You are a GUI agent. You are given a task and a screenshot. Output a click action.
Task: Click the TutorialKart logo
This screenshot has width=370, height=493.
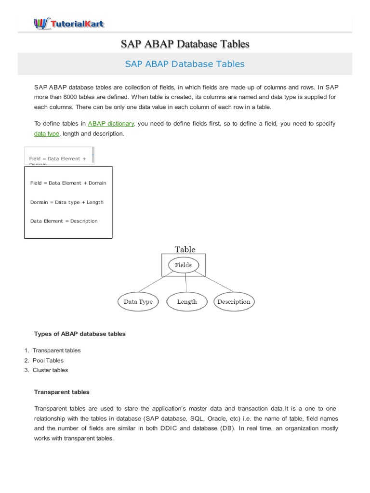69,23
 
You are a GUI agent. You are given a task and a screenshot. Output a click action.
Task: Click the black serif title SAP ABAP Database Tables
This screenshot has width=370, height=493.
185,44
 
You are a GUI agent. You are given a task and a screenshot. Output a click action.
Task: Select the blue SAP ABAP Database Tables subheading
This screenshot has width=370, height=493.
185,64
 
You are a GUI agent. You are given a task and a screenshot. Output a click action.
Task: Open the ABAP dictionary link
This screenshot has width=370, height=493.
111,124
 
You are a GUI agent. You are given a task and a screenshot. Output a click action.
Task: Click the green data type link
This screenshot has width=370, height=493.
47,133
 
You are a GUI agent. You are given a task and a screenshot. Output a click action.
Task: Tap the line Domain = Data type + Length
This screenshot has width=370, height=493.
66,202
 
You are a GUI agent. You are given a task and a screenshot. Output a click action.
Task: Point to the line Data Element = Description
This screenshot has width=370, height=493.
64,221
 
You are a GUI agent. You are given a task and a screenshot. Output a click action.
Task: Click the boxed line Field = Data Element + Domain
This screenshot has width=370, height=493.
68,183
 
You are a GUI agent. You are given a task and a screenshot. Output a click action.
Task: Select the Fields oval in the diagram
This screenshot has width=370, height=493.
183,265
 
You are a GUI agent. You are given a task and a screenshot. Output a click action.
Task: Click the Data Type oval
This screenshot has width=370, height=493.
138,302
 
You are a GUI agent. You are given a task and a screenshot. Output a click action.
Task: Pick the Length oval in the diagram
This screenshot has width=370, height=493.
187,302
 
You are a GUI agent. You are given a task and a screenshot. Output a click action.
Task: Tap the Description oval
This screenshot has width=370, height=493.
234,302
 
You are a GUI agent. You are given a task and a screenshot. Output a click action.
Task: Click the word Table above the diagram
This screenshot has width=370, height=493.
185,249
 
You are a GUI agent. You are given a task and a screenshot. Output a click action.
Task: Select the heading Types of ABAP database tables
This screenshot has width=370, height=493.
79,334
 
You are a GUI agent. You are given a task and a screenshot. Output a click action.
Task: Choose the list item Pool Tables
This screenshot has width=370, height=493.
48,360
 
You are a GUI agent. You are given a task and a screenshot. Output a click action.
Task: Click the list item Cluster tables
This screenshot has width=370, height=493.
50,370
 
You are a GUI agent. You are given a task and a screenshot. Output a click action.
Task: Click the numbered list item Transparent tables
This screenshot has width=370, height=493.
56,350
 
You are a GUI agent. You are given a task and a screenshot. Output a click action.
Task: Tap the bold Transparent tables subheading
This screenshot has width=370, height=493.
62,392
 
